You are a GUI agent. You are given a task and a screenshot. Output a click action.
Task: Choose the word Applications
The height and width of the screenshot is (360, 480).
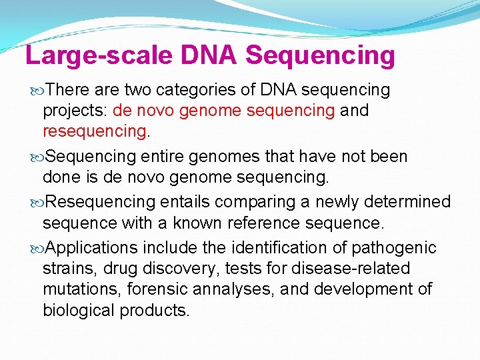click(93, 248)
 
